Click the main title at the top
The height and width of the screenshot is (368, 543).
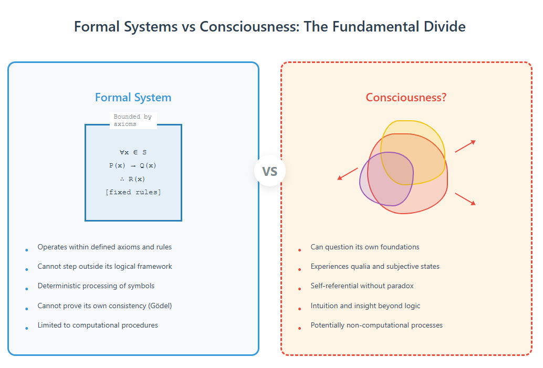pyautogui.click(x=270, y=27)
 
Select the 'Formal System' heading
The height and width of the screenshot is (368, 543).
pyautogui.click(x=133, y=98)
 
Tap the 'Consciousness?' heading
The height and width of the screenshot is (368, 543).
pyautogui.click(x=406, y=97)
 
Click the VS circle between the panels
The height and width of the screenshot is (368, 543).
pyautogui.click(x=270, y=171)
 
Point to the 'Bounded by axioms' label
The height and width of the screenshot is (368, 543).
pyautogui.click(x=133, y=120)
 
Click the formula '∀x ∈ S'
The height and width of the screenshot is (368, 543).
pyautogui.click(x=133, y=152)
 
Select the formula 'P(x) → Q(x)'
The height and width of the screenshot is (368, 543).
pyautogui.click(x=133, y=165)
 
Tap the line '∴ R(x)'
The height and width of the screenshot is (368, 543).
pyautogui.click(x=133, y=179)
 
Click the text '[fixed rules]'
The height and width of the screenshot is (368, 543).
pyautogui.click(x=133, y=192)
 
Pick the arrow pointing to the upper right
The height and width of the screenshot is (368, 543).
pyautogui.click(x=465, y=146)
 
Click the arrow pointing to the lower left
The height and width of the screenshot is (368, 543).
pyautogui.click(x=348, y=174)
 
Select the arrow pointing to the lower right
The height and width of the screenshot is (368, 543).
pyautogui.click(x=465, y=199)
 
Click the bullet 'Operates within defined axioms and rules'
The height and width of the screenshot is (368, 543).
pyautogui.click(x=105, y=247)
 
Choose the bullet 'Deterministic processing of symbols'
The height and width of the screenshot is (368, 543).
pyautogui.click(x=96, y=286)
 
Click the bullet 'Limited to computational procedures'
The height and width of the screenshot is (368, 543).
pyautogui.click(x=98, y=325)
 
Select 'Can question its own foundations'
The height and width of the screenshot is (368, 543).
pyautogui.click(x=365, y=247)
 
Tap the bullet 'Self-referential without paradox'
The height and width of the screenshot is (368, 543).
pyautogui.click(x=362, y=286)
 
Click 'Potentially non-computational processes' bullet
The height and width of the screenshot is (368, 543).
pyautogui.click(x=377, y=325)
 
